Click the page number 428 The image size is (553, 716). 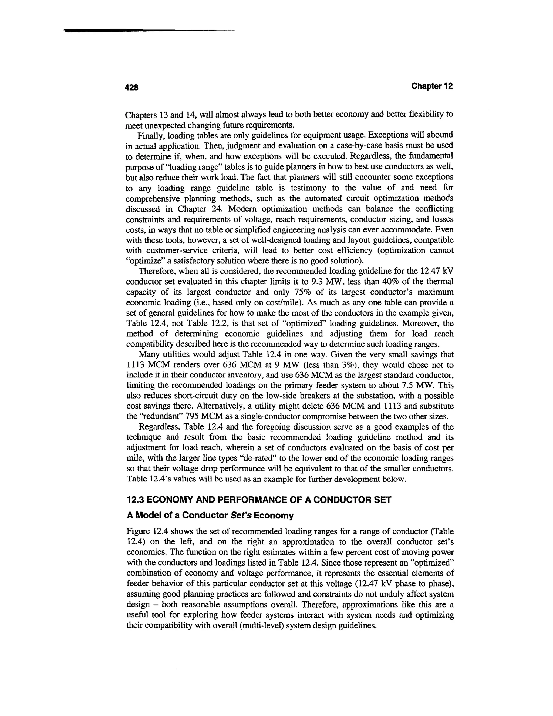132,87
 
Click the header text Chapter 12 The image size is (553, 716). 432,86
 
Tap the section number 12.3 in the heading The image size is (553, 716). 135,500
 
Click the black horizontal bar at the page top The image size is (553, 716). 131,31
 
